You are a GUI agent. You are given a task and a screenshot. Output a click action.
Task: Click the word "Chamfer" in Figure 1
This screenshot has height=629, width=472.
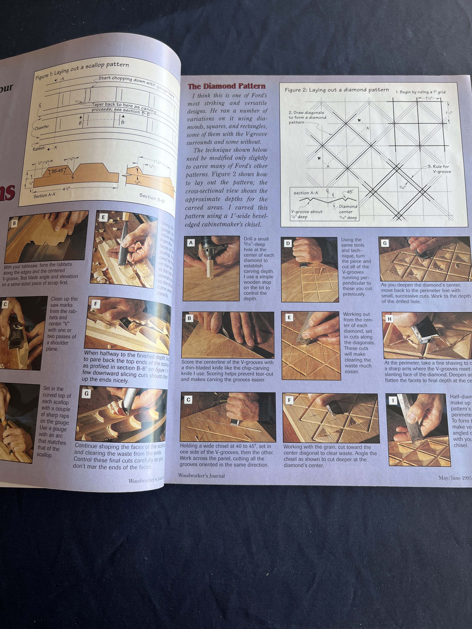coord(42,127)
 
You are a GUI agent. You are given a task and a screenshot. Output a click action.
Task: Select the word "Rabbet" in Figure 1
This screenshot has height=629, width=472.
coord(39,148)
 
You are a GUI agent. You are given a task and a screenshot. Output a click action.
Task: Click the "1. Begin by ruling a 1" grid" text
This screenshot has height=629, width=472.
coord(420,92)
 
